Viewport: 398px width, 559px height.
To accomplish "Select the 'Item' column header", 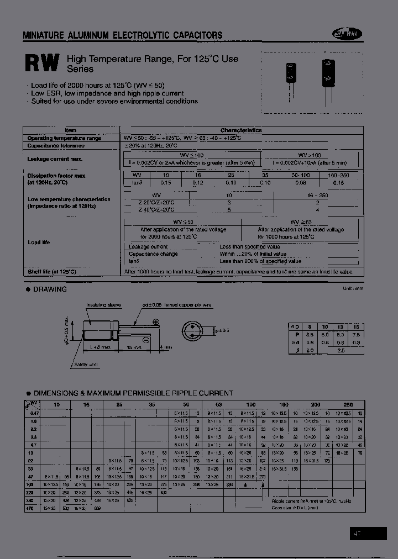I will point(71,130).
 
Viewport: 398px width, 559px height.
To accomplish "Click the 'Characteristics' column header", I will point(241,130).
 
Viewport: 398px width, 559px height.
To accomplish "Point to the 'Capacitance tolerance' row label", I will point(56,146).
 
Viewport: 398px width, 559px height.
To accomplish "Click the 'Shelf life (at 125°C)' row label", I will point(51,272).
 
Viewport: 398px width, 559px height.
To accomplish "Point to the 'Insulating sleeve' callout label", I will point(103,305).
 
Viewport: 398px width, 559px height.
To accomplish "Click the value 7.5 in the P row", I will point(357,335).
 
